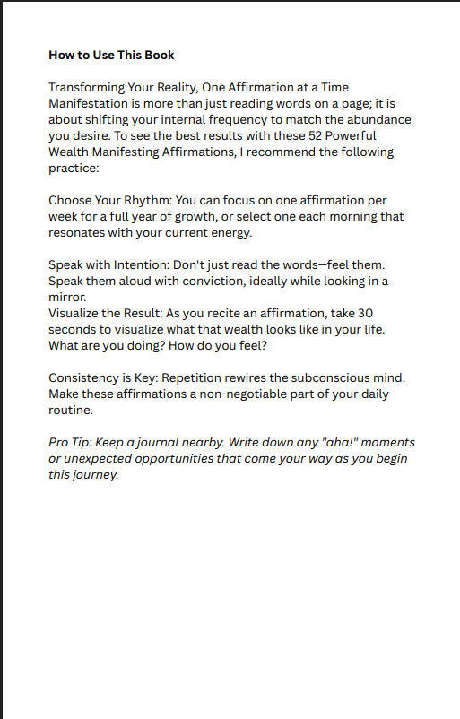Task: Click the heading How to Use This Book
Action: (111, 56)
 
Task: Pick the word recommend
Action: (300, 152)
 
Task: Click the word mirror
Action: (67, 298)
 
